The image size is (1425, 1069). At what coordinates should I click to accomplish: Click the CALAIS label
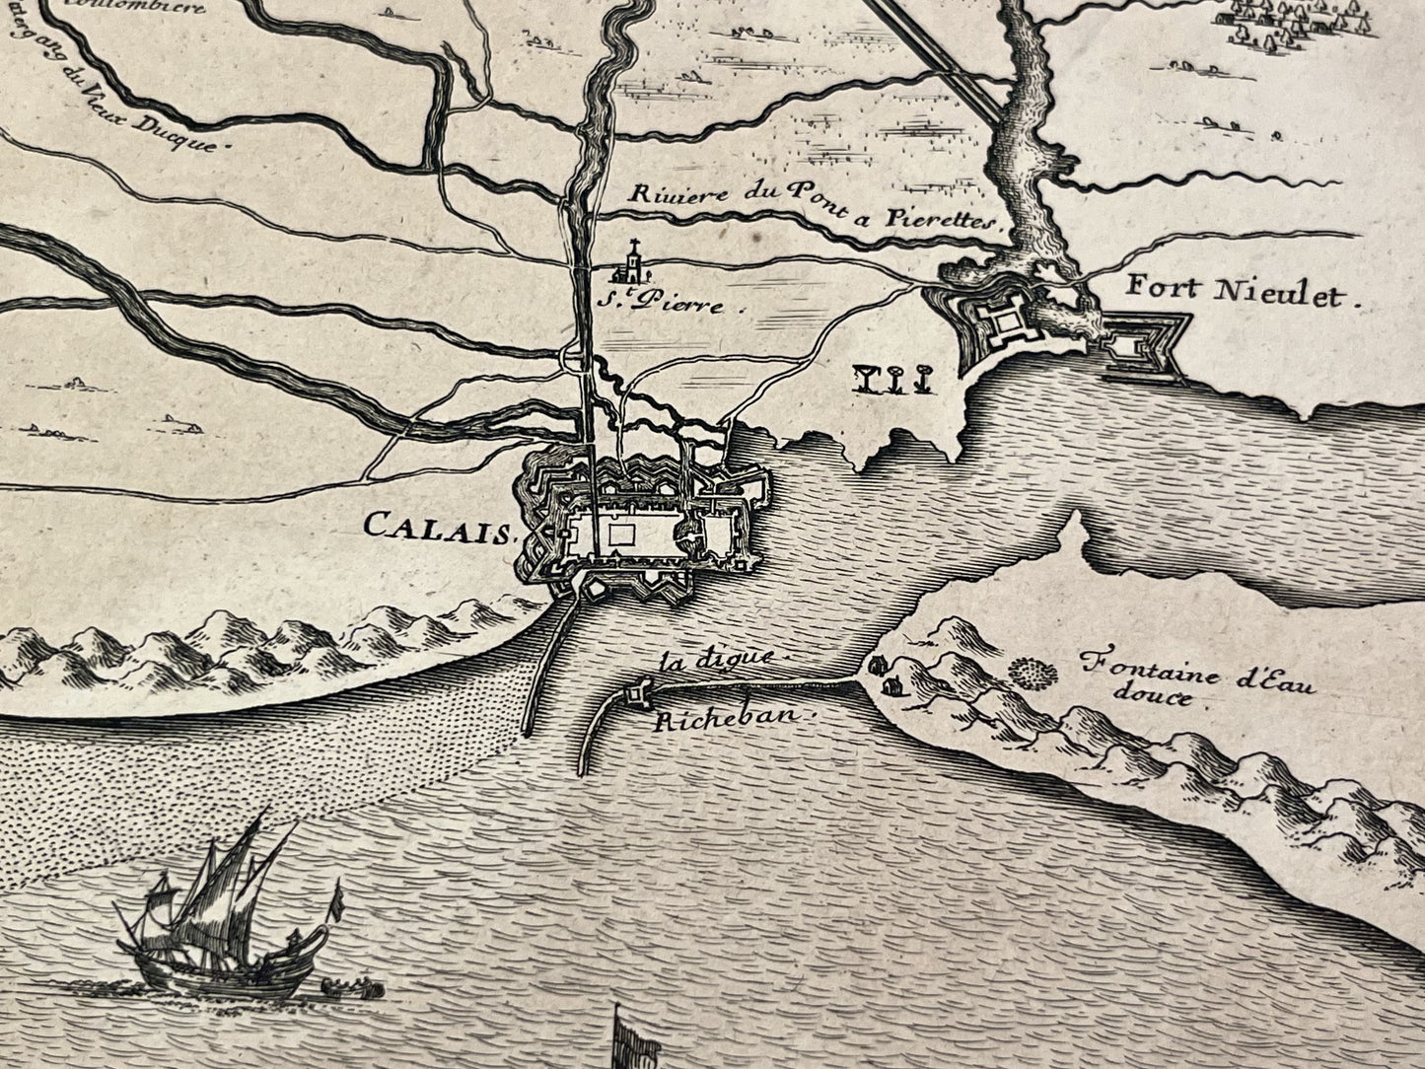point(440,525)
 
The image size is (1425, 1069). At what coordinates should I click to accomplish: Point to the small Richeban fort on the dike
point(636,695)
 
